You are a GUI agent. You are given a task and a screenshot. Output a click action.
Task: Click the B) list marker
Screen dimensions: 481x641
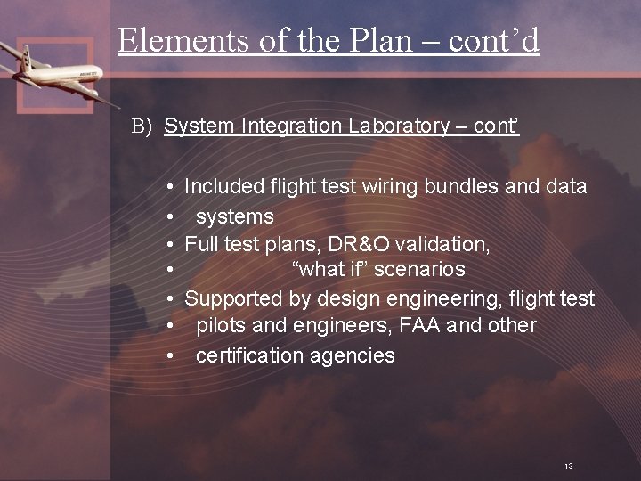143,126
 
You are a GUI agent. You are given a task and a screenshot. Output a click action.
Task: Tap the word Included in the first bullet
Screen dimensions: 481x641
224,187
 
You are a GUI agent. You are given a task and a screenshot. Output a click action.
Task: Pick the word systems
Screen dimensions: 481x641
234,216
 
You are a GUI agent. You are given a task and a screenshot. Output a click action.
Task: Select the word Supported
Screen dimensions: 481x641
235,299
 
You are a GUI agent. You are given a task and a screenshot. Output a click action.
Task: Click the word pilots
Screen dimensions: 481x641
221,326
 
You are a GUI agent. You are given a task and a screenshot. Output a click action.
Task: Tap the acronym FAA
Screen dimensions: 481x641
419,326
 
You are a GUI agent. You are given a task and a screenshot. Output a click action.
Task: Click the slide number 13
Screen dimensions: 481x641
568,466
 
